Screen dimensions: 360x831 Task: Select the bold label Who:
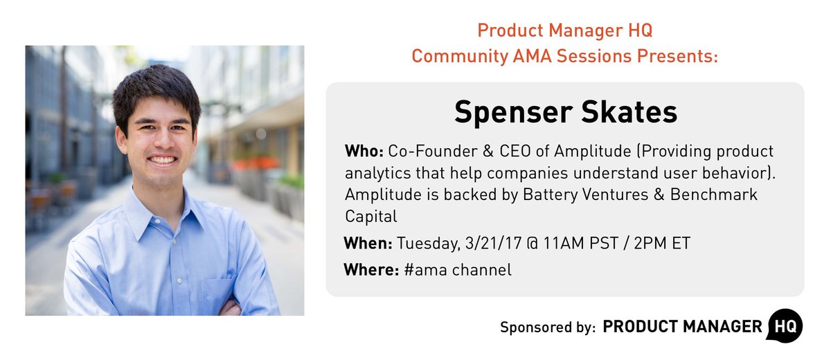[x=364, y=151]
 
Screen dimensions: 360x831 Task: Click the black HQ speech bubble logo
[x=785, y=325]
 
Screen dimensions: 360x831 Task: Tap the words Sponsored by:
[x=547, y=327]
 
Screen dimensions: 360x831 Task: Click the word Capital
[x=371, y=217]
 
